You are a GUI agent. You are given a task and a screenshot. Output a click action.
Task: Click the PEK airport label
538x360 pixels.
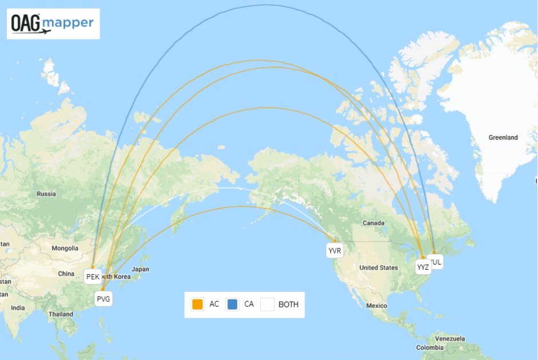pyautogui.click(x=93, y=277)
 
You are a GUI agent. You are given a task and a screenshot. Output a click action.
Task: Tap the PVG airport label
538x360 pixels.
pyautogui.click(x=104, y=299)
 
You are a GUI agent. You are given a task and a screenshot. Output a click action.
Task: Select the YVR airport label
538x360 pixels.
pyautogui.click(x=334, y=251)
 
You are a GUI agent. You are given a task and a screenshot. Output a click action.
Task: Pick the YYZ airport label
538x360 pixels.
pyautogui.click(x=423, y=267)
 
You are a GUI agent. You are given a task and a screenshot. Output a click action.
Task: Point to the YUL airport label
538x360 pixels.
pyautogui.click(x=436, y=262)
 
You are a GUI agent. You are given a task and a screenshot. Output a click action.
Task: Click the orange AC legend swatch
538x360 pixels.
pyautogui.click(x=197, y=304)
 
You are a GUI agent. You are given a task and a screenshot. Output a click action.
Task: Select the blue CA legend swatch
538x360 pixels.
pyautogui.click(x=232, y=304)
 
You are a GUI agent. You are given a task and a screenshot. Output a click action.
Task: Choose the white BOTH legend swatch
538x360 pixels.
pyautogui.click(x=267, y=304)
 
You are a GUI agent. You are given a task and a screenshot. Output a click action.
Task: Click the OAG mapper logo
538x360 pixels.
pyautogui.click(x=53, y=23)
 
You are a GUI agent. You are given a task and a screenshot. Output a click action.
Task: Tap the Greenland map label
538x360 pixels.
pyautogui.click(x=503, y=137)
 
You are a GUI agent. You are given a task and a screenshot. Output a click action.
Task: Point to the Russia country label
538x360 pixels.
pyautogui.click(x=46, y=193)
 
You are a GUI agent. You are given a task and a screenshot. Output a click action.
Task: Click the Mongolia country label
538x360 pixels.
pyautogui.click(x=65, y=248)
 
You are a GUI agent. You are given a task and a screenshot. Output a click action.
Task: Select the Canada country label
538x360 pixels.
pyautogui.click(x=373, y=222)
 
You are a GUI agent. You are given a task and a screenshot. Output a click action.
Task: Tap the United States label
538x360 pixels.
pyautogui.click(x=378, y=267)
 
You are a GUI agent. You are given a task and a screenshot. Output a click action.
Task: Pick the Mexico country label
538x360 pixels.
pyautogui.click(x=377, y=306)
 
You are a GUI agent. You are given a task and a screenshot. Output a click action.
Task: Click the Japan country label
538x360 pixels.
pyautogui.click(x=140, y=269)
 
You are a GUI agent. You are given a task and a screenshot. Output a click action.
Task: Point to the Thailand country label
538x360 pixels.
pyautogui.click(x=61, y=314)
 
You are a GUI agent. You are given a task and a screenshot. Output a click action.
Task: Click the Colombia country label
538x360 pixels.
pyautogui.click(x=429, y=347)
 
